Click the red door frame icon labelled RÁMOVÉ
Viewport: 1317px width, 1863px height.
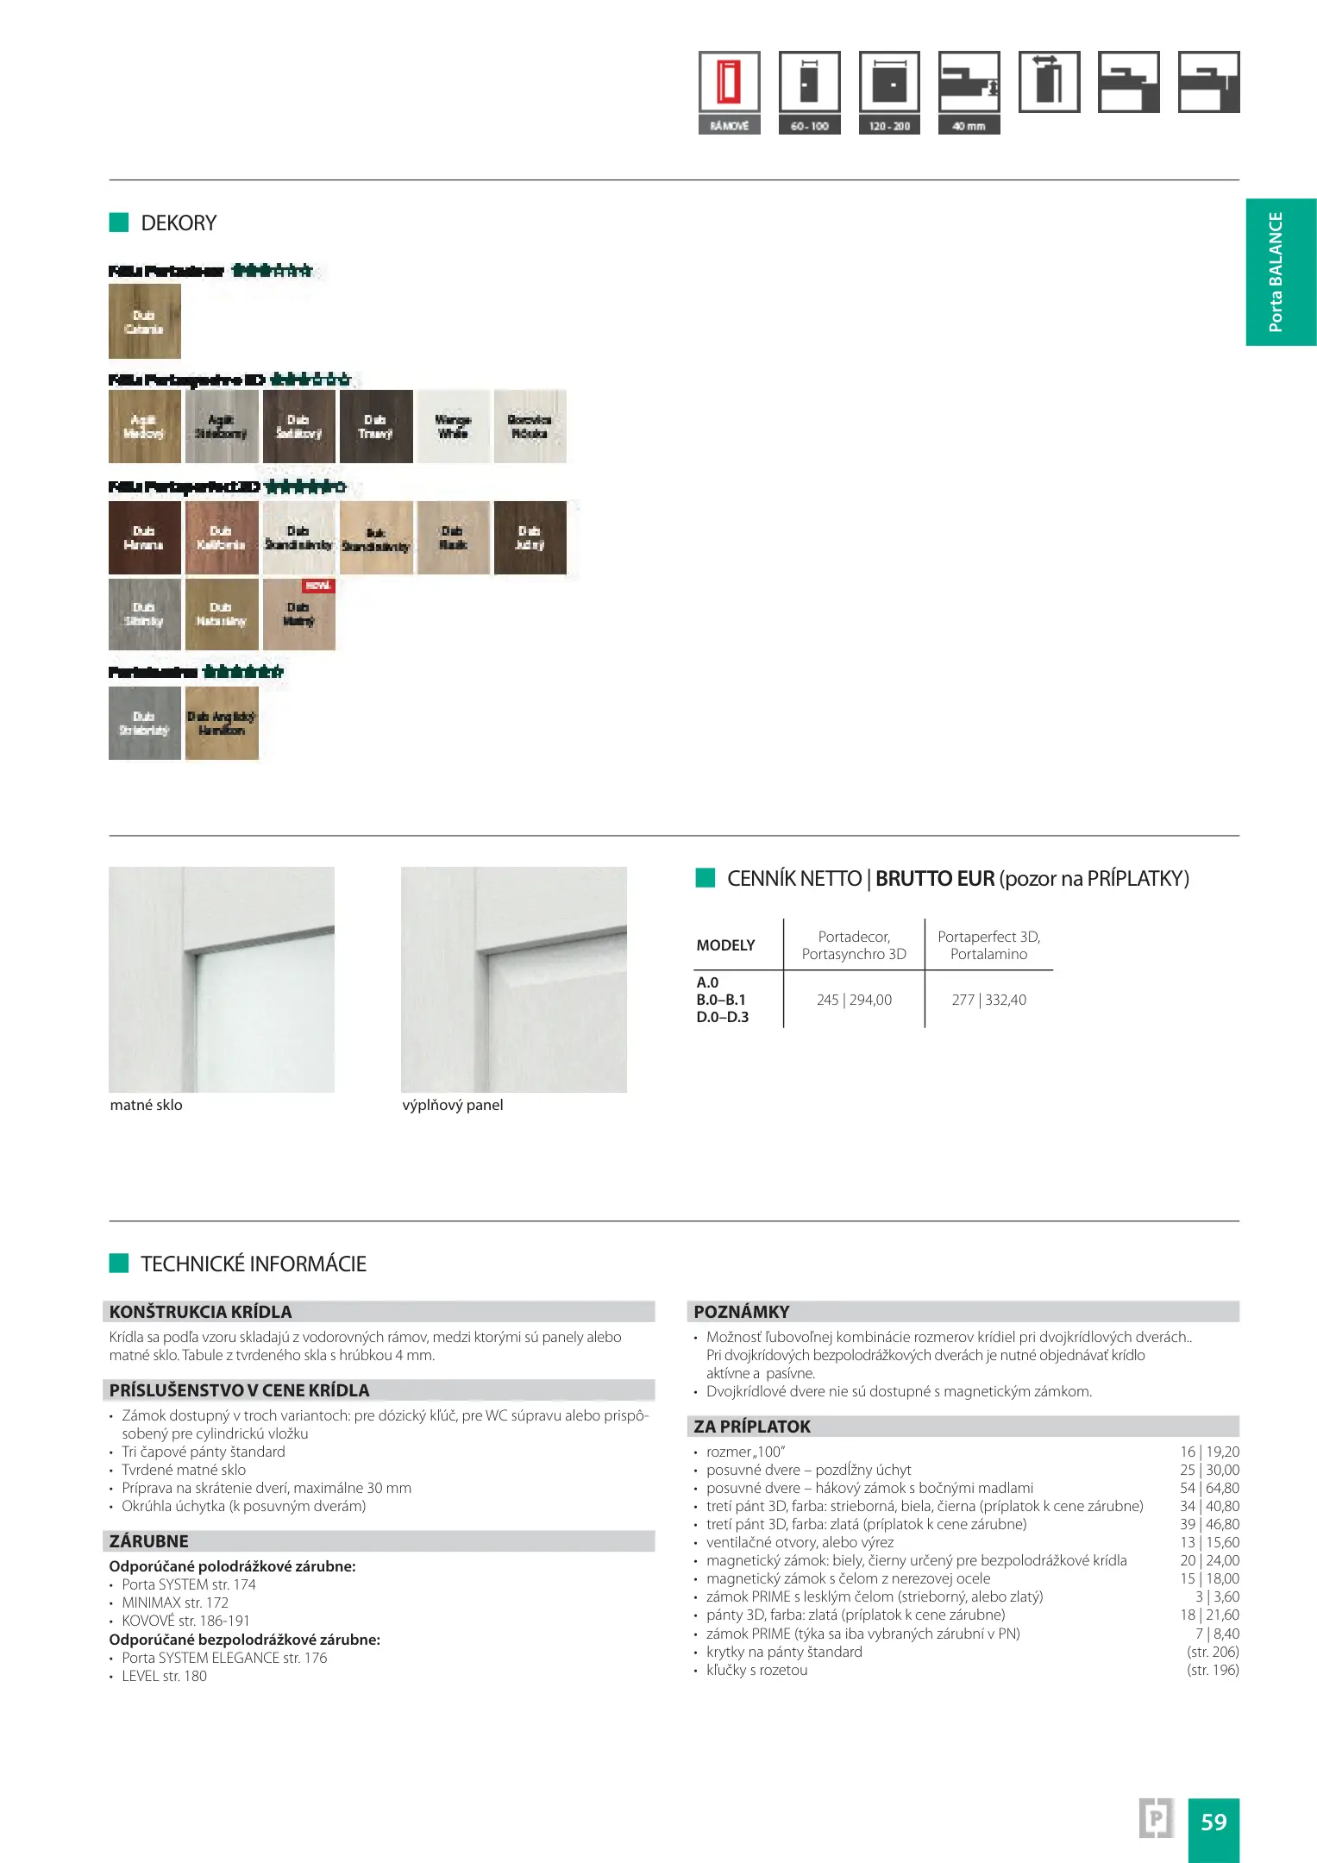(x=730, y=83)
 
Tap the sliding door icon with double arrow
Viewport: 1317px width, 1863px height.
(x=1049, y=82)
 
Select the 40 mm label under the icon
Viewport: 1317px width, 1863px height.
(x=969, y=126)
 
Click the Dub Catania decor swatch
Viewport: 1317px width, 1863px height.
(x=144, y=321)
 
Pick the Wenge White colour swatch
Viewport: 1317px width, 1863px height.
(x=453, y=427)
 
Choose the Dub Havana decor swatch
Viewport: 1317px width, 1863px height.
(x=144, y=537)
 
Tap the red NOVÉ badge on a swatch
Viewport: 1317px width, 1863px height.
(x=318, y=586)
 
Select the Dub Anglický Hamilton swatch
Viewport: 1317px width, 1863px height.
(x=222, y=723)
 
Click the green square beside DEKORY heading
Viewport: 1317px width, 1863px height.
(x=118, y=223)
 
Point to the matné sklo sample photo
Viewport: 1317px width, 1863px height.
(x=222, y=979)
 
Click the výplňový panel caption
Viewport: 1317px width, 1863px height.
(x=452, y=1105)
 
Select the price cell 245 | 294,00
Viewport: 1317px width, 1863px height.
(x=854, y=1000)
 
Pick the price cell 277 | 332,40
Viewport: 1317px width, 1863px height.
(x=988, y=1000)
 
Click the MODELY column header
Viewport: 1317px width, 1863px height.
(x=725, y=945)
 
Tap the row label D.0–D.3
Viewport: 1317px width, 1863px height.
(x=722, y=1017)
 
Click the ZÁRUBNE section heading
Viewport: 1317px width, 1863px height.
(x=148, y=1540)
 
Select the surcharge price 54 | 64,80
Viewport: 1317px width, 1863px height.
(x=1209, y=1488)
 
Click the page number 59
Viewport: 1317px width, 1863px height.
(x=1214, y=1822)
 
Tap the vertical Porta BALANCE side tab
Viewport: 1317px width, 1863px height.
(x=1280, y=272)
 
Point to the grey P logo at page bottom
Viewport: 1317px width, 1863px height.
(x=1156, y=1819)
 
